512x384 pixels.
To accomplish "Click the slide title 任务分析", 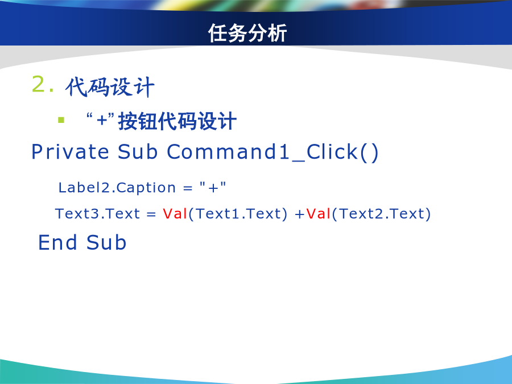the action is (x=247, y=33).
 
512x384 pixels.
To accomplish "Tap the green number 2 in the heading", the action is (x=39, y=84).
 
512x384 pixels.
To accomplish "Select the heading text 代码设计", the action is (x=110, y=87).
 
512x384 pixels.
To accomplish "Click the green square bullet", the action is (x=61, y=120).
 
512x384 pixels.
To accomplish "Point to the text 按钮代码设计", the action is (x=177, y=121).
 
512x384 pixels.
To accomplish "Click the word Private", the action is (x=70, y=151).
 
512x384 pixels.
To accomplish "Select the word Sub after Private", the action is (x=138, y=151).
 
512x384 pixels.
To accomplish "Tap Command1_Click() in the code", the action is (x=272, y=152).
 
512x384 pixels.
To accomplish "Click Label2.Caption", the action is (x=117, y=188).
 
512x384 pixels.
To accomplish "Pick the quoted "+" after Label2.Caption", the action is (x=213, y=187).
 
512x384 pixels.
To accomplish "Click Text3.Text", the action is (x=98, y=214).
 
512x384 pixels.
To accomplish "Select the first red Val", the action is (x=175, y=214).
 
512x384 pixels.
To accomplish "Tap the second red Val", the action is (x=319, y=214).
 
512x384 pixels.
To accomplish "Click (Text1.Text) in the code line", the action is (x=238, y=214).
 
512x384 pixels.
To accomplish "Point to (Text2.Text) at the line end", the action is (x=381, y=214).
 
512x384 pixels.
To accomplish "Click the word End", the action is (x=58, y=242).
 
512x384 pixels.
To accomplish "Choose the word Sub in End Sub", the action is (x=106, y=242).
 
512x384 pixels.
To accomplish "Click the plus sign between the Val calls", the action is (x=299, y=214).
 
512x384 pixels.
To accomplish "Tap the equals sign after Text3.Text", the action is (x=151, y=214).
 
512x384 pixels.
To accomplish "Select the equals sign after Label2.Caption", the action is (x=188, y=188).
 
